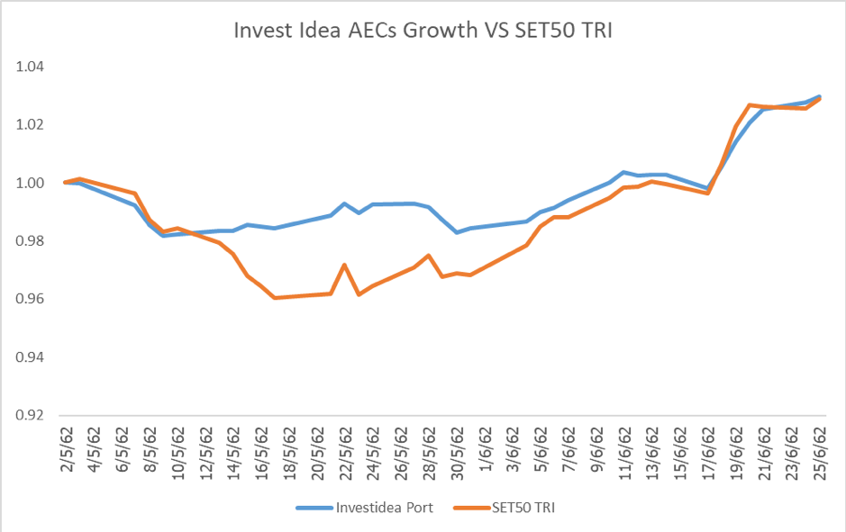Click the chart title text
423,30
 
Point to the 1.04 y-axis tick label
31,68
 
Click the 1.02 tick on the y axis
31,125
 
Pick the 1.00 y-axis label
31,184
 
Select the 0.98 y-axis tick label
31,241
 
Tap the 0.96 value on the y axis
31,300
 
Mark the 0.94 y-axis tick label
31,357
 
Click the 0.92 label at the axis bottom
31,416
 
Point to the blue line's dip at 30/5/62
457,232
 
